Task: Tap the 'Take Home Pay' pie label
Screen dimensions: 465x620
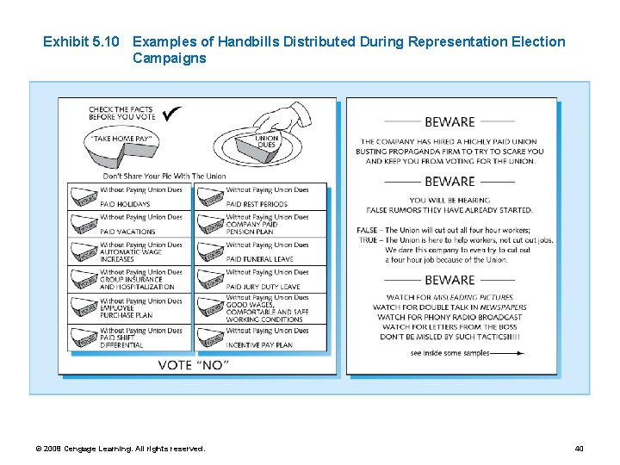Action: [x=122, y=138]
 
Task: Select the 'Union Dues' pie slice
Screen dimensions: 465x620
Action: [x=266, y=143]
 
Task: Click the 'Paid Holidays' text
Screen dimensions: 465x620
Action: [x=118, y=204]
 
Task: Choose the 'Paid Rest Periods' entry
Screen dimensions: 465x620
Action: [x=256, y=204]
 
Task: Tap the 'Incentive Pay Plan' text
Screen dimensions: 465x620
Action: [x=259, y=344]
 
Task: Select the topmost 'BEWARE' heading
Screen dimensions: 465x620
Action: [x=449, y=122]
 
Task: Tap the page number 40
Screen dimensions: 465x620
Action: [x=579, y=449]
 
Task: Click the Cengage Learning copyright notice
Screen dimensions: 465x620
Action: [x=120, y=449]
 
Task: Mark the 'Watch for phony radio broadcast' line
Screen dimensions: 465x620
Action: [x=449, y=317]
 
